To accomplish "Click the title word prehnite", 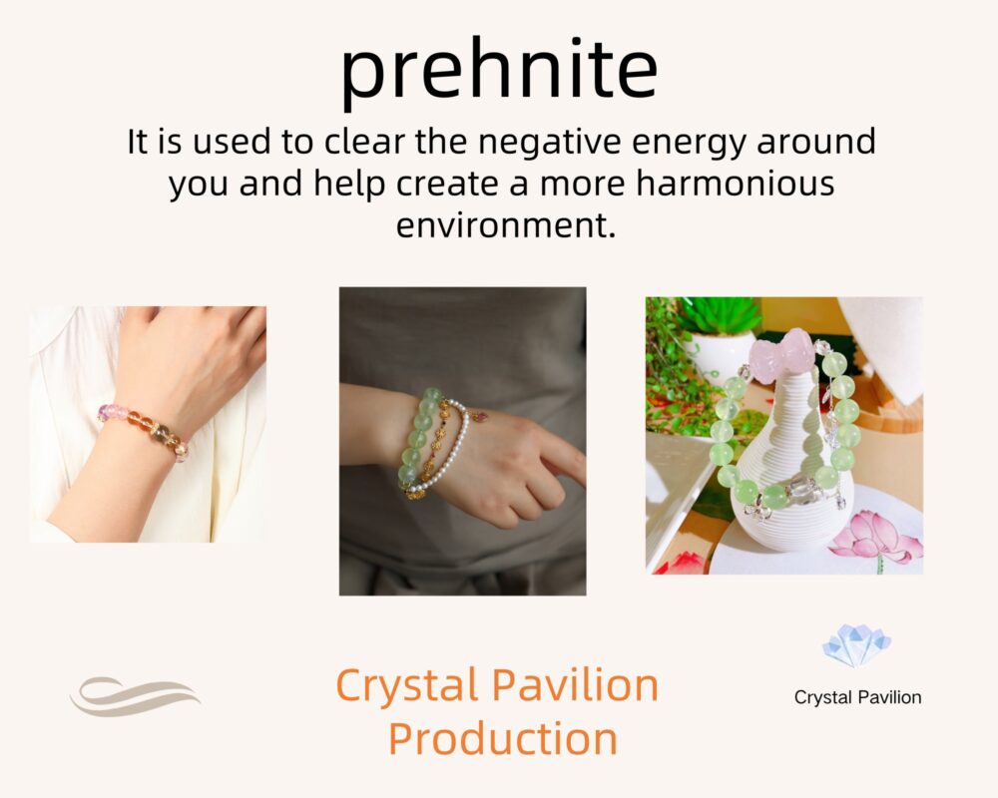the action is pyautogui.click(x=499, y=70).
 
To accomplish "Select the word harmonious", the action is pyautogui.click(x=736, y=184).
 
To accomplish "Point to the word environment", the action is pyautogui.click(x=506, y=225).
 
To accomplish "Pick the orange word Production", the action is pyautogui.click(x=503, y=738).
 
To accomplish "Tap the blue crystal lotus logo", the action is pyautogui.click(x=856, y=645).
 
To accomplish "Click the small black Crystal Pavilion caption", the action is pyautogui.click(x=857, y=697).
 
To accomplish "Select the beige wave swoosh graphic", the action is pyautogui.click(x=135, y=696).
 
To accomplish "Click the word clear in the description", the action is pyautogui.click(x=364, y=142).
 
